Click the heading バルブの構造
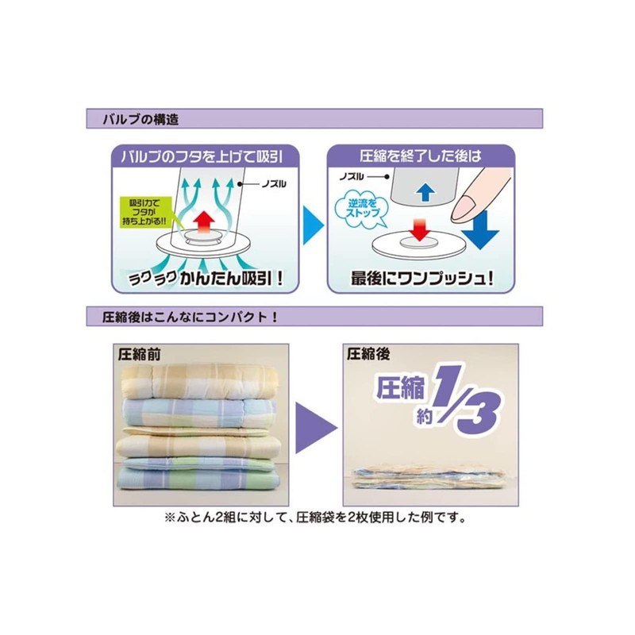point(140,120)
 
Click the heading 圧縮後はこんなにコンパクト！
point(190,317)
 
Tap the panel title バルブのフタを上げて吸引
point(202,156)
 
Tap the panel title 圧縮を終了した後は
point(421,156)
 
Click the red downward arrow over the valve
point(420,229)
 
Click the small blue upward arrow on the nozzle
point(425,192)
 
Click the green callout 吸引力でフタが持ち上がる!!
point(144,213)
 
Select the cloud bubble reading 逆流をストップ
point(361,209)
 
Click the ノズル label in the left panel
point(274,184)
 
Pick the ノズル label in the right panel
point(352,177)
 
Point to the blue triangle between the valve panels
point(313,225)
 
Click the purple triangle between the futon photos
point(316,427)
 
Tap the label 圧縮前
point(140,355)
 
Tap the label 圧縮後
point(368,354)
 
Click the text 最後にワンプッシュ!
point(422,279)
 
